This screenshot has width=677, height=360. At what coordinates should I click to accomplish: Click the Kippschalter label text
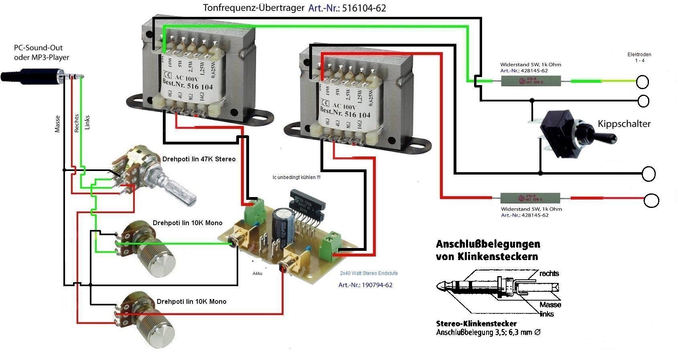coord(624,124)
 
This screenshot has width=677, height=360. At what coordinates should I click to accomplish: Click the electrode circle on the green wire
coord(642,82)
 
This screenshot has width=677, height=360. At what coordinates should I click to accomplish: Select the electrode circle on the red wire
coord(651,200)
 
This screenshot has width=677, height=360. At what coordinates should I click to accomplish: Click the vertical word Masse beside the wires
coord(57,124)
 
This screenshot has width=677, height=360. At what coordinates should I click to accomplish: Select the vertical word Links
coord(87,122)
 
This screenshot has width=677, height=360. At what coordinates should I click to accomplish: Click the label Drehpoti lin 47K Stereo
coord(199,159)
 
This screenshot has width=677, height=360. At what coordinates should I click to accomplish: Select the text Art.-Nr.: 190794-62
coord(365,285)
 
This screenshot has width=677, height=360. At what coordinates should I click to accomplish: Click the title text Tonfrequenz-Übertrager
coord(253,8)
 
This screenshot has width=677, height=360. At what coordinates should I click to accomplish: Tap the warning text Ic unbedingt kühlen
coord(296,177)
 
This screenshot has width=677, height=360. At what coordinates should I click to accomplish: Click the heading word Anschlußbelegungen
coord(488,244)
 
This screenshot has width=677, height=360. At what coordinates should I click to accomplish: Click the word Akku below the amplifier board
coord(257,273)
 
